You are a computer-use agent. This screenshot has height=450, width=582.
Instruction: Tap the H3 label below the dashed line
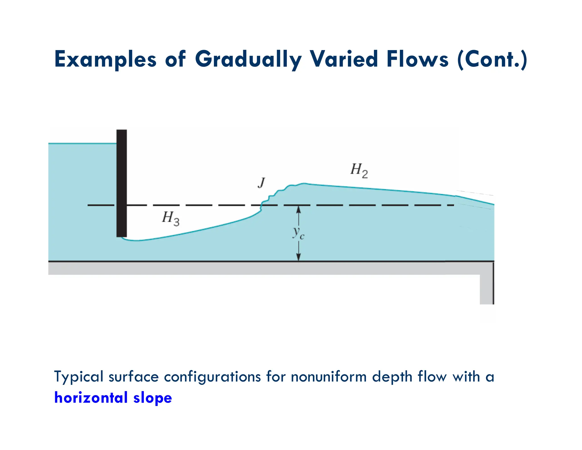pyautogui.click(x=171, y=218)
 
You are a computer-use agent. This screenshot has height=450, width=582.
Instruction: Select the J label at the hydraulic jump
pyautogui.click(x=261, y=183)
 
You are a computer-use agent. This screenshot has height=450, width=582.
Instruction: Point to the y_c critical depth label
pyautogui.click(x=298, y=233)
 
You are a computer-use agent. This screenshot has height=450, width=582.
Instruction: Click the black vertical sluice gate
pyautogui.click(x=122, y=183)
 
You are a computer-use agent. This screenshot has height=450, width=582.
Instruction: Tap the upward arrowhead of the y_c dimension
pyautogui.click(x=298, y=210)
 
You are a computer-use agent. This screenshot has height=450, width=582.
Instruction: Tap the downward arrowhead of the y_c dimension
pyautogui.click(x=298, y=257)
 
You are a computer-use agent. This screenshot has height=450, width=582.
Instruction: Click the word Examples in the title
pyautogui.click(x=105, y=59)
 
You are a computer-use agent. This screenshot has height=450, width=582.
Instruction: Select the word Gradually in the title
pyautogui.click(x=248, y=59)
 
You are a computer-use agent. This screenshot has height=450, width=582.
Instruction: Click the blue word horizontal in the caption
pyautogui.click(x=91, y=397)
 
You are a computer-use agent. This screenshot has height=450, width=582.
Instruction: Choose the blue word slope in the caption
pyautogui.click(x=153, y=398)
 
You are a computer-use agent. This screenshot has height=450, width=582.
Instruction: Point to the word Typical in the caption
pyautogui.click(x=78, y=377)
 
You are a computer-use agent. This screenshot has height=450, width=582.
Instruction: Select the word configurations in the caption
pyautogui.click(x=212, y=377)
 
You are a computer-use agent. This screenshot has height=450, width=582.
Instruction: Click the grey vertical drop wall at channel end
pyautogui.click(x=487, y=289)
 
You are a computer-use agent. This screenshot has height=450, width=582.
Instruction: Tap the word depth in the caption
pyautogui.click(x=392, y=377)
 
